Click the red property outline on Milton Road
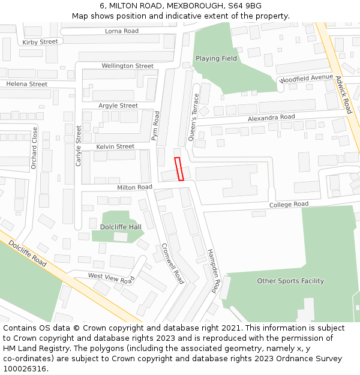[x=178, y=169]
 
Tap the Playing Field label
[x=216, y=59]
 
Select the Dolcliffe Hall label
[x=121, y=227]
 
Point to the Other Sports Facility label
[x=290, y=281]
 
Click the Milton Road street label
[x=135, y=187]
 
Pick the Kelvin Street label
[x=116, y=146]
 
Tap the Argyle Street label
[x=118, y=106]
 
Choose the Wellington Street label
[x=128, y=66]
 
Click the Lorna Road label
[x=122, y=31]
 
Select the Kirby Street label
[x=40, y=42]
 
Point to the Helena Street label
[x=26, y=85]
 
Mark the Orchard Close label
[x=34, y=148]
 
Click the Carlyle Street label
[x=79, y=146]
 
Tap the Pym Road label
[x=155, y=126]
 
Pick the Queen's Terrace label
[x=193, y=117]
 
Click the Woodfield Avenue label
[x=306, y=79]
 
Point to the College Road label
[x=289, y=205]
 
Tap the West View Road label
[x=111, y=278]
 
